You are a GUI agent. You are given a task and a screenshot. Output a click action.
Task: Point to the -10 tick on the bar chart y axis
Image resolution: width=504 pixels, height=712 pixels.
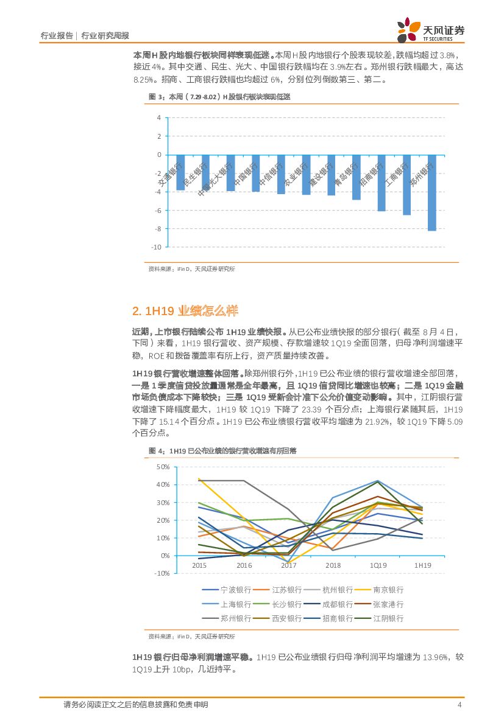point(156,247)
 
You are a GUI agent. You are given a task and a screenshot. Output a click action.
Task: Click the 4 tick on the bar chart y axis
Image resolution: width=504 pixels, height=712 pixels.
point(158,117)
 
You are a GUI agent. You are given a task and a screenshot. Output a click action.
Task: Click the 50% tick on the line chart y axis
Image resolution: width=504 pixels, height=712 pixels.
point(163,467)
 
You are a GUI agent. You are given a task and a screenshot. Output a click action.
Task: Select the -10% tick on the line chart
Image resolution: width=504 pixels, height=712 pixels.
point(162,573)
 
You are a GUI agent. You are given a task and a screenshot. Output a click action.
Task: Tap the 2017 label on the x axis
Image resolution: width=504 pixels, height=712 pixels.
point(288,565)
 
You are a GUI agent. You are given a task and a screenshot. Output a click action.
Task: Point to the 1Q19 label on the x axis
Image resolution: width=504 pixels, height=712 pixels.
point(378,565)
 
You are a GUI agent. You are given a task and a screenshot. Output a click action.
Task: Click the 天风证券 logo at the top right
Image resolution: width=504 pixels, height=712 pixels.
point(430,30)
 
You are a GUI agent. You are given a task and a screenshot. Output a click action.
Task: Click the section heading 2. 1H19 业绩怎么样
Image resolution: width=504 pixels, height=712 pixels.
point(184,311)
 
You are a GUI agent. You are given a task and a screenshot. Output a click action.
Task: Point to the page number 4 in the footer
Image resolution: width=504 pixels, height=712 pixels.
point(460,705)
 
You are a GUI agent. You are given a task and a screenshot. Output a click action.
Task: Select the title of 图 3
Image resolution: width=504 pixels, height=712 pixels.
point(220,97)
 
